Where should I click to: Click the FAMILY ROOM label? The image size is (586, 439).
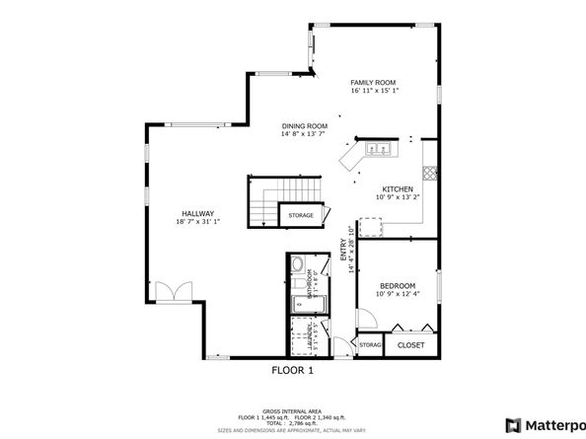pos(372,82)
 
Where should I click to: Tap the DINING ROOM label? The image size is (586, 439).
pos(304,126)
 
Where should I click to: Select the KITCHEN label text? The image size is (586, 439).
pos(398,188)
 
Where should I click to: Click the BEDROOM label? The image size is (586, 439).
pos(399,285)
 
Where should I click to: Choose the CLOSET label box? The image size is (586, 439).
pos(410,345)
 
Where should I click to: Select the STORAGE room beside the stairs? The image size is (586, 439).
pos(301,215)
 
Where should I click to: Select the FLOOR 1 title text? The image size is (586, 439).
pos(292,371)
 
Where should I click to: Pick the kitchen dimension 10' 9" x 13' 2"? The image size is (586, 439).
pos(398,197)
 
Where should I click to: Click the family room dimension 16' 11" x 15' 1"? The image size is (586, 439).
pos(372,91)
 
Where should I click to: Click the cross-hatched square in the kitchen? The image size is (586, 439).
pos(429,171)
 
